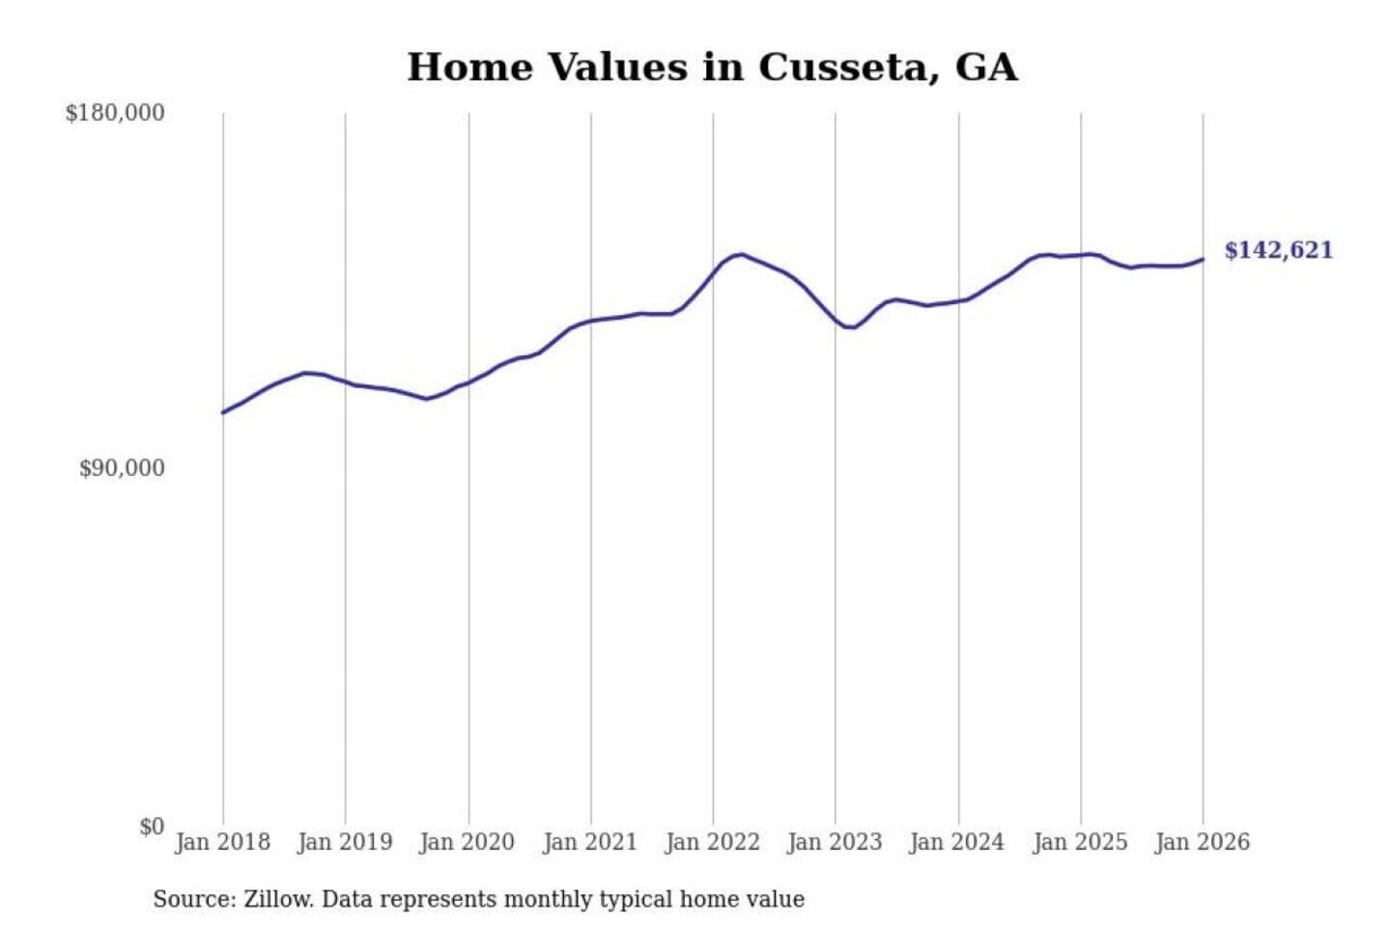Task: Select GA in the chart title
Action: [985, 68]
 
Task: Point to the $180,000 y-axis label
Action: [115, 113]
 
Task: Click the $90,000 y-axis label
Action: [122, 468]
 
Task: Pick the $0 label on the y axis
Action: [152, 827]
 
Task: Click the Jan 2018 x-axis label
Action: [223, 842]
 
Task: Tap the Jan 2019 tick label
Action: [345, 842]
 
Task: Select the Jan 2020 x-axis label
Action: [468, 842]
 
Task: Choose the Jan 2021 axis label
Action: [590, 842]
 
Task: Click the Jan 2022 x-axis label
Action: [713, 842]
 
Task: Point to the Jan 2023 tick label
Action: [836, 842]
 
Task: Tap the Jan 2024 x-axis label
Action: [957, 842]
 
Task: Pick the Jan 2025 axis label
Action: [1080, 842]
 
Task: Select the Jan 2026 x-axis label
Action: [1203, 842]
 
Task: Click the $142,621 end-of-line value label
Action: [1278, 250]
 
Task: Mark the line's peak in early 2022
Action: [741, 254]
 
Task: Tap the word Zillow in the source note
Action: [277, 899]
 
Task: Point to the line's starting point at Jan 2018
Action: [223, 412]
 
